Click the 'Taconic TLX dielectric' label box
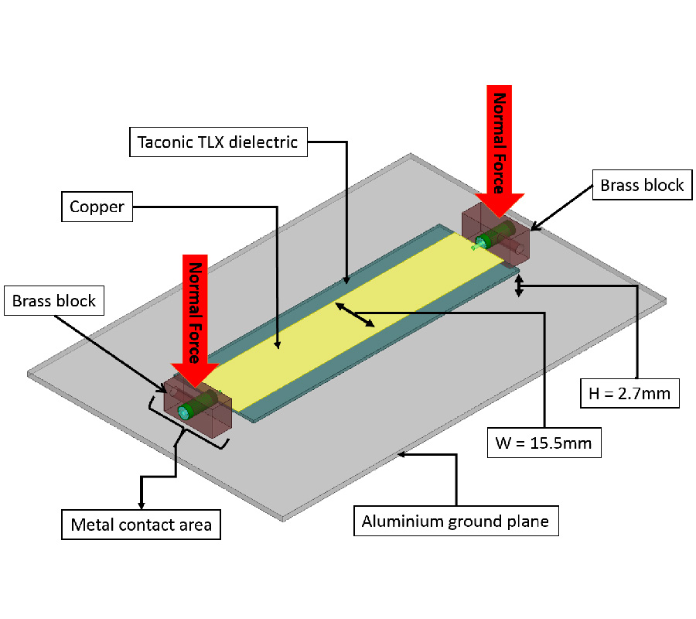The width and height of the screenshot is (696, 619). pyautogui.click(x=217, y=142)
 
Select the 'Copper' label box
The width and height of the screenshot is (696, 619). pyautogui.click(x=97, y=207)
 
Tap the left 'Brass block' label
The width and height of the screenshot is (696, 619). pyautogui.click(x=54, y=300)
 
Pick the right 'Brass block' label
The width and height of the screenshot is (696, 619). pyautogui.click(x=642, y=185)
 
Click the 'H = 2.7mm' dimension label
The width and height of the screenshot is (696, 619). pyautogui.click(x=629, y=395)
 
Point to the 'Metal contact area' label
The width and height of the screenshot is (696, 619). pyautogui.click(x=141, y=525)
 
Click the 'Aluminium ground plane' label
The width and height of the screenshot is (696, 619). pyautogui.click(x=455, y=522)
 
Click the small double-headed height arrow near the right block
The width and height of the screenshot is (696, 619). pyautogui.click(x=519, y=283)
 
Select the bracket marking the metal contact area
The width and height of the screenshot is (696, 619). pyautogui.click(x=186, y=426)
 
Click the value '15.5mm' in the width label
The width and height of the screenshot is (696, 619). pyautogui.click(x=568, y=443)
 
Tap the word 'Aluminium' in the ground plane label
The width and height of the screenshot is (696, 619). pyautogui.click(x=402, y=522)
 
